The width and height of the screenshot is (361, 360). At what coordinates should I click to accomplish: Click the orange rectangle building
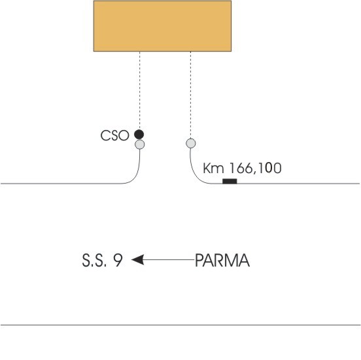(162, 26)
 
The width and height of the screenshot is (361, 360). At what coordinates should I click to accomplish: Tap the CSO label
(114, 135)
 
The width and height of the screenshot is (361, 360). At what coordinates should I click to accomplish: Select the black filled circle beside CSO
(139, 135)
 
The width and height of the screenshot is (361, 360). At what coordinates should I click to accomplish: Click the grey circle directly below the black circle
(140, 144)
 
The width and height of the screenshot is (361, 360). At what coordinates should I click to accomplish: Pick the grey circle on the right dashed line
(191, 143)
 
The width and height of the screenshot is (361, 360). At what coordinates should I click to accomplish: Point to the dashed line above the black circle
(140, 90)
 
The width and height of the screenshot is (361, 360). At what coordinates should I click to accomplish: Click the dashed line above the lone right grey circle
(190, 95)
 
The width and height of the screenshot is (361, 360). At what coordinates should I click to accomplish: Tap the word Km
(213, 168)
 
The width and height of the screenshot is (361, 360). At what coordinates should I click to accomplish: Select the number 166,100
(256, 168)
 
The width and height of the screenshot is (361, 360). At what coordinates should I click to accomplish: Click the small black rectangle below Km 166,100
(230, 181)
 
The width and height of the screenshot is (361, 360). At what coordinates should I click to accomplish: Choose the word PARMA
(222, 261)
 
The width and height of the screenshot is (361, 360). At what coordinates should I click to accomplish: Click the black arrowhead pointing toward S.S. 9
(138, 259)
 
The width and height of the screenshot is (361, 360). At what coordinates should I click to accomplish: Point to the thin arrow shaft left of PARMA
(169, 259)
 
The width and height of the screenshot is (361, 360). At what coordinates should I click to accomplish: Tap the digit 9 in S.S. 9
(118, 260)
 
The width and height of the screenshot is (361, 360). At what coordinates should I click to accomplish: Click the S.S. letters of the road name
(94, 261)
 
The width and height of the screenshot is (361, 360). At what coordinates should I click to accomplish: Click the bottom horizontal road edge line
(180, 325)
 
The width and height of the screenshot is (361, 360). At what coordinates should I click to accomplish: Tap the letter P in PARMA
(199, 261)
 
